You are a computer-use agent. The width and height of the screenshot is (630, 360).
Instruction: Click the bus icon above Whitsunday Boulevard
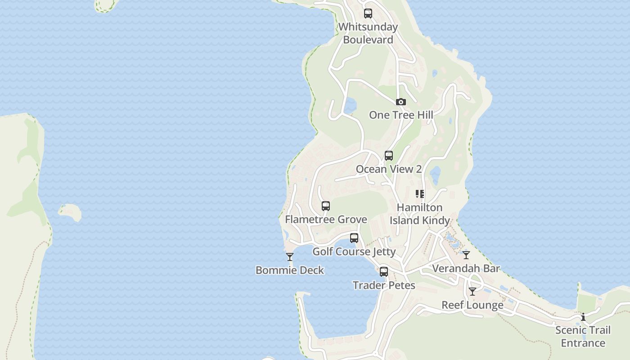tap(368, 13)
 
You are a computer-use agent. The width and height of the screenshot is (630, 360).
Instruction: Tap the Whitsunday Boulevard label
tap(368, 33)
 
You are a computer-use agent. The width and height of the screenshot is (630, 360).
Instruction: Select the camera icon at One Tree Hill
tap(401, 102)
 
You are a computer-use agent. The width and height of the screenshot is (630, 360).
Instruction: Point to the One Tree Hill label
tap(401, 115)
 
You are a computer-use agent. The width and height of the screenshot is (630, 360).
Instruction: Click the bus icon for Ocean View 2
tap(389, 156)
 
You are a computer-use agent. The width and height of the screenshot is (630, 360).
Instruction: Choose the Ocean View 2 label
tap(389, 169)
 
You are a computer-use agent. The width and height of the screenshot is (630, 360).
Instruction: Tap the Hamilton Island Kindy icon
tap(420, 194)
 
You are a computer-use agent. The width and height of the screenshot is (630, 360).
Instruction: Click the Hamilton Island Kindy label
tap(420, 214)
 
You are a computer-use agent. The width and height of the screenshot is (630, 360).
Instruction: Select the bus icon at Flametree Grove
tap(326, 207)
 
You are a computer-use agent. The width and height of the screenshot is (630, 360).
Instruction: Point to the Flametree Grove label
tap(326, 220)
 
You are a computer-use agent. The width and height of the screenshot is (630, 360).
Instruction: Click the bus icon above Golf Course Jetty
tap(354, 238)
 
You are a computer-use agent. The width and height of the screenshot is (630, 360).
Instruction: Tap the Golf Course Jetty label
tap(354, 252)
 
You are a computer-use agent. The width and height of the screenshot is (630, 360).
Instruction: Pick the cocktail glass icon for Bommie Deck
tap(290, 257)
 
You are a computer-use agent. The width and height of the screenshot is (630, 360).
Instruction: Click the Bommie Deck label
tap(290, 270)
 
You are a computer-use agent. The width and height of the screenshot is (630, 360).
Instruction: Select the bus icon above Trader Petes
tap(384, 272)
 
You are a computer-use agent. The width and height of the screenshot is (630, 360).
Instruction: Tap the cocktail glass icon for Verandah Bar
tap(466, 255)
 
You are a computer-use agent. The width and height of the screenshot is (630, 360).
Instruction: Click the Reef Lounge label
tap(472, 305)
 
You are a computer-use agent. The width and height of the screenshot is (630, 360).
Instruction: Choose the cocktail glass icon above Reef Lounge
tap(472, 292)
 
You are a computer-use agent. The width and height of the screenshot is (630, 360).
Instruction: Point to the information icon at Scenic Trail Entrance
tap(583, 317)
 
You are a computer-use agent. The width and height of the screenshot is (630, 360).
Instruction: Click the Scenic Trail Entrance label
tap(583, 337)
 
